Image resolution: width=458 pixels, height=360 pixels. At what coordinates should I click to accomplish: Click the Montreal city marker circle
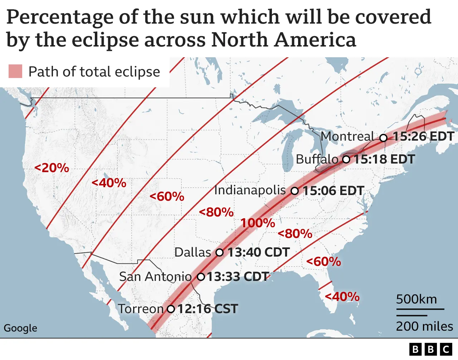(383, 138)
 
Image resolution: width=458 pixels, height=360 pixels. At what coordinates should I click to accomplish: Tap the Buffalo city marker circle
(346, 159)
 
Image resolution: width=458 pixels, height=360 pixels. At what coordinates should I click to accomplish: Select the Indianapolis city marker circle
(294, 191)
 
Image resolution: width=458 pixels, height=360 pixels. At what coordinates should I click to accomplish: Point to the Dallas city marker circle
(219, 253)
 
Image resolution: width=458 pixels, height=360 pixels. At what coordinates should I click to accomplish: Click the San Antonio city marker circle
(201, 277)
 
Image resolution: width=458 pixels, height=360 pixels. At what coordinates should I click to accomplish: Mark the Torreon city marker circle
(171, 309)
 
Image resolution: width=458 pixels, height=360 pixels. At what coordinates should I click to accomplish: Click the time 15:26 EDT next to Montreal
(424, 137)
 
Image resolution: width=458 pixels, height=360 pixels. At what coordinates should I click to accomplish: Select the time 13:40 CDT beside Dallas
(259, 252)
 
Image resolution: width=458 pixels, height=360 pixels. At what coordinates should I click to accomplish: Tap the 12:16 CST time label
(208, 309)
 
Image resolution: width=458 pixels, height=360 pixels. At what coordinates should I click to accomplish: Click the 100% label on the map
(258, 223)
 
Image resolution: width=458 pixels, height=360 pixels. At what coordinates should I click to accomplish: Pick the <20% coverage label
(52, 167)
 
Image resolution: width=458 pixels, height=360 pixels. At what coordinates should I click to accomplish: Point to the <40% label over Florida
(342, 296)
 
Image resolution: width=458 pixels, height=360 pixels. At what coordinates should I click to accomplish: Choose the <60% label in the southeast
(324, 262)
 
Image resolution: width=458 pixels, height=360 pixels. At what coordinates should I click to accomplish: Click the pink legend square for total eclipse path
(15, 71)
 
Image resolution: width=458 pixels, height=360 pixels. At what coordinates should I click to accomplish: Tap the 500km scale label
(416, 299)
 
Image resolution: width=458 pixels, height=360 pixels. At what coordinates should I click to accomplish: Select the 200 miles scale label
(424, 326)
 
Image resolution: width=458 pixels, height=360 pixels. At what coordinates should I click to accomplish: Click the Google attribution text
(20, 328)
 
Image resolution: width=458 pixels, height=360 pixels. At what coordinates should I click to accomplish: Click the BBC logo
(431, 349)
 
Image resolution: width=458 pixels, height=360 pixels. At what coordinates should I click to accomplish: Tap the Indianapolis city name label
(250, 190)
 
